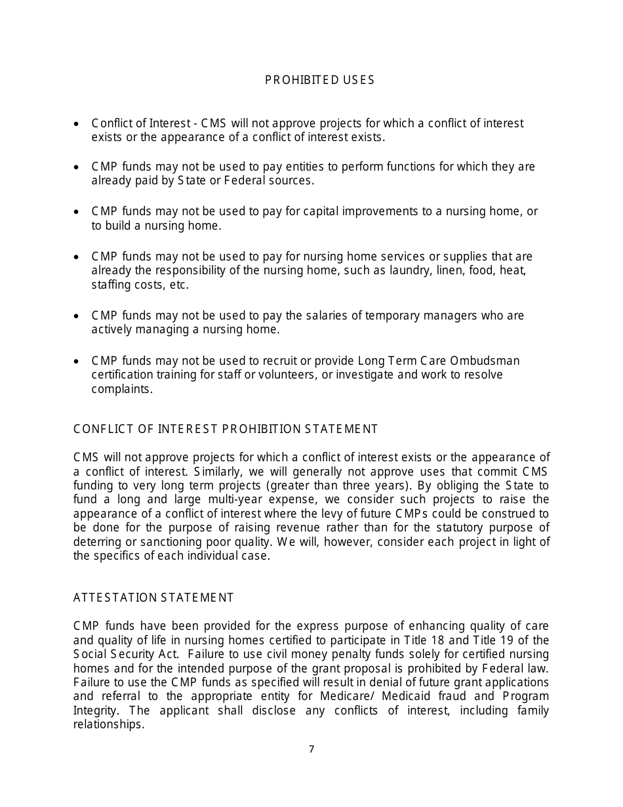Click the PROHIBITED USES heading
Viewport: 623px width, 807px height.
[x=319, y=80]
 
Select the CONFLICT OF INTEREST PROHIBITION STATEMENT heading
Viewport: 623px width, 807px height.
[x=226, y=429]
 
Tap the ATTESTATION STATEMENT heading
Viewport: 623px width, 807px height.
[x=153, y=598]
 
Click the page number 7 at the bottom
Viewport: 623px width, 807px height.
[x=311, y=749]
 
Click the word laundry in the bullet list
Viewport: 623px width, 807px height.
[x=411, y=270]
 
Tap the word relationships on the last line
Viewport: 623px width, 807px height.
[x=108, y=724]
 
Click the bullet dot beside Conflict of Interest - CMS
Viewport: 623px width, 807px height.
[x=77, y=124]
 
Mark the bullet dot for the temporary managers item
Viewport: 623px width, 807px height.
[x=77, y=316]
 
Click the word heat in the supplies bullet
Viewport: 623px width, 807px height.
[x=513, y=270]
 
